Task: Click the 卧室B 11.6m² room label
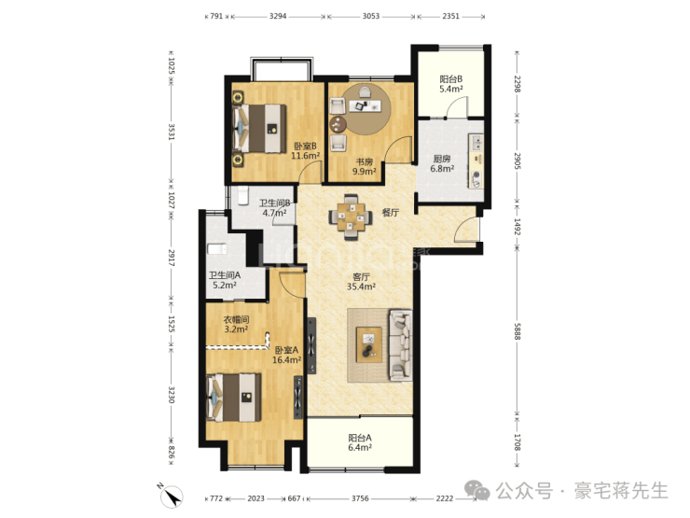[x=306, y=150]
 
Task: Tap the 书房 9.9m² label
[x=364, y=166]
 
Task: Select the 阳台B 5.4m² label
[x=451, y=84]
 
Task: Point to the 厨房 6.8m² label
[x=442, y=163]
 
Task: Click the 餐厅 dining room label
[x=391, y=212]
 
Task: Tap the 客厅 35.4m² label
[x=361, y=282]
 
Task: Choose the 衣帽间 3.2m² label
[x=236, y=324]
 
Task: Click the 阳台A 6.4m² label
[x=360, y=442]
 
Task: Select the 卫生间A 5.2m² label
[x=225, y=280]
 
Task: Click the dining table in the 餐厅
[x=351, y=217]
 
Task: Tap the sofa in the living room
[x=400, y=345]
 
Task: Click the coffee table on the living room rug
[x=369, y=345]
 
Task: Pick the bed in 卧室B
[x=259, y=128]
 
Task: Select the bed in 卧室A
[x=234, y=398]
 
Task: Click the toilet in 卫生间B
[x=243, y=195]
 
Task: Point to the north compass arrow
[x=171, y=496]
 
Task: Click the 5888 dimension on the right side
[x=517, y=331]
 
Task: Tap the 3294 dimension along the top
[x=278, y=16]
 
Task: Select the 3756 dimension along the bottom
[x=360, y=498]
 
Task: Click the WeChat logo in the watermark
[x=477, y=490]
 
